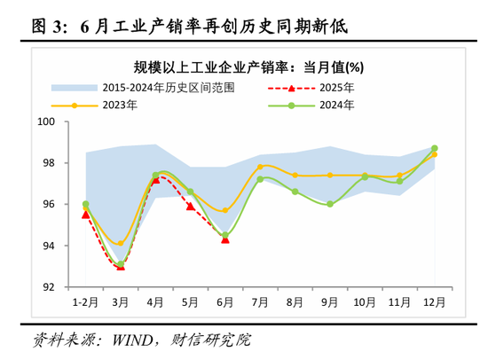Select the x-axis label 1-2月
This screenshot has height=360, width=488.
point(85,302)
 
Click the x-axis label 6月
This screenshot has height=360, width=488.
point(224,302)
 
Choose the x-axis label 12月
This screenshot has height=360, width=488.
point(433,302)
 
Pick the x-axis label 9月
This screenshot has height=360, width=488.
point(329,302)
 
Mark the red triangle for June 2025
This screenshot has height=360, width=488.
point(225,239)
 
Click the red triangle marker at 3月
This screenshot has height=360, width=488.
point(121,266)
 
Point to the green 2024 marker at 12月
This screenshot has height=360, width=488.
point(434,148)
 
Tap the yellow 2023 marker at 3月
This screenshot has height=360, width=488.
point(121,243)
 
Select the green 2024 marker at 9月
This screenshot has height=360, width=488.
point(329,204)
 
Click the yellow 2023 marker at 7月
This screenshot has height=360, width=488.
point(260,167)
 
